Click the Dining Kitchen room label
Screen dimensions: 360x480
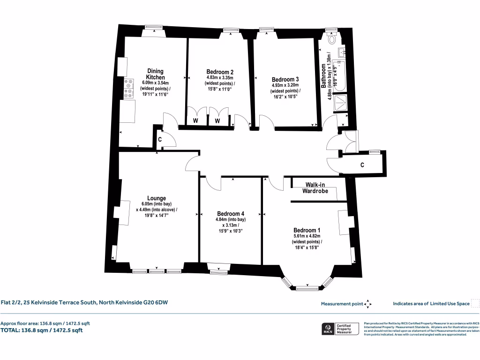pyautogui.click(x=155, y=74)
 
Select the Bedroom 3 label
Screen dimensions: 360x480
pyautogui.click(x=285, y=79)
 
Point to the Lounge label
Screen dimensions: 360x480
pyautogui.click(x=157, y=198)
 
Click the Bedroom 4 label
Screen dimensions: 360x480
pyautogui.click(x=230, y=212)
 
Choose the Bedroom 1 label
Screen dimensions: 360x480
pyautogui.click(x=307, y=230)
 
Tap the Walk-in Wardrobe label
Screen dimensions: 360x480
pyautogui.click(x=317, y=188)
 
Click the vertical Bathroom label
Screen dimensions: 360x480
pyautogui.click(x=323, y=76)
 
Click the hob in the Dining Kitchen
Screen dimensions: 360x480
pyautogui.click(x=128, y=89)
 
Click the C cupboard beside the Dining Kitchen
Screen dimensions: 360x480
pyautogui.click(x=160, y=139)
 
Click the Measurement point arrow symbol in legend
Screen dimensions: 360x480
pyautogui.click(x=368, y=304)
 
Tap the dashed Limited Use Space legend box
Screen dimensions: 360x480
pyautogui.click(x=475, y=303)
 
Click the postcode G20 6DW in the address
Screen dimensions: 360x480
pyautogui.click(x=156, y=302)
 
